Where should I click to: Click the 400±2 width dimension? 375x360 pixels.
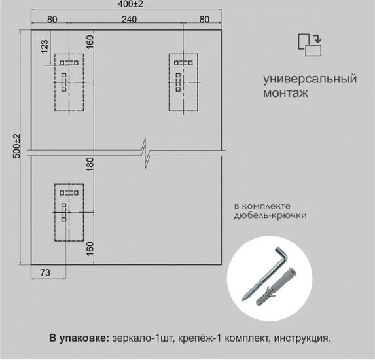pos(130,4)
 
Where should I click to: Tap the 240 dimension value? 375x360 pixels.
pos(129,20)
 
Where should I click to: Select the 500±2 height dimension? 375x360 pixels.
pos(17,146)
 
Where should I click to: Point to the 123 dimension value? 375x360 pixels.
pos(45,46)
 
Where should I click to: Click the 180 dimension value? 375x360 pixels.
pos(90,164)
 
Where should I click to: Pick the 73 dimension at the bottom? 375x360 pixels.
pos(45,272)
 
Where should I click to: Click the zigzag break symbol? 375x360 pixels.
pos(145,153)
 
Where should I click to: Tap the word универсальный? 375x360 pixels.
pos(310,79)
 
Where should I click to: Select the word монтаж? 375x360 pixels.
pos(285,93)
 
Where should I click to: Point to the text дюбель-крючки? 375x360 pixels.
pos(270,215)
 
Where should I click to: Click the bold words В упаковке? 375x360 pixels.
pos(79,338)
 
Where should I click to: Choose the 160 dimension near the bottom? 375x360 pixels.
pos(90,249)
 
